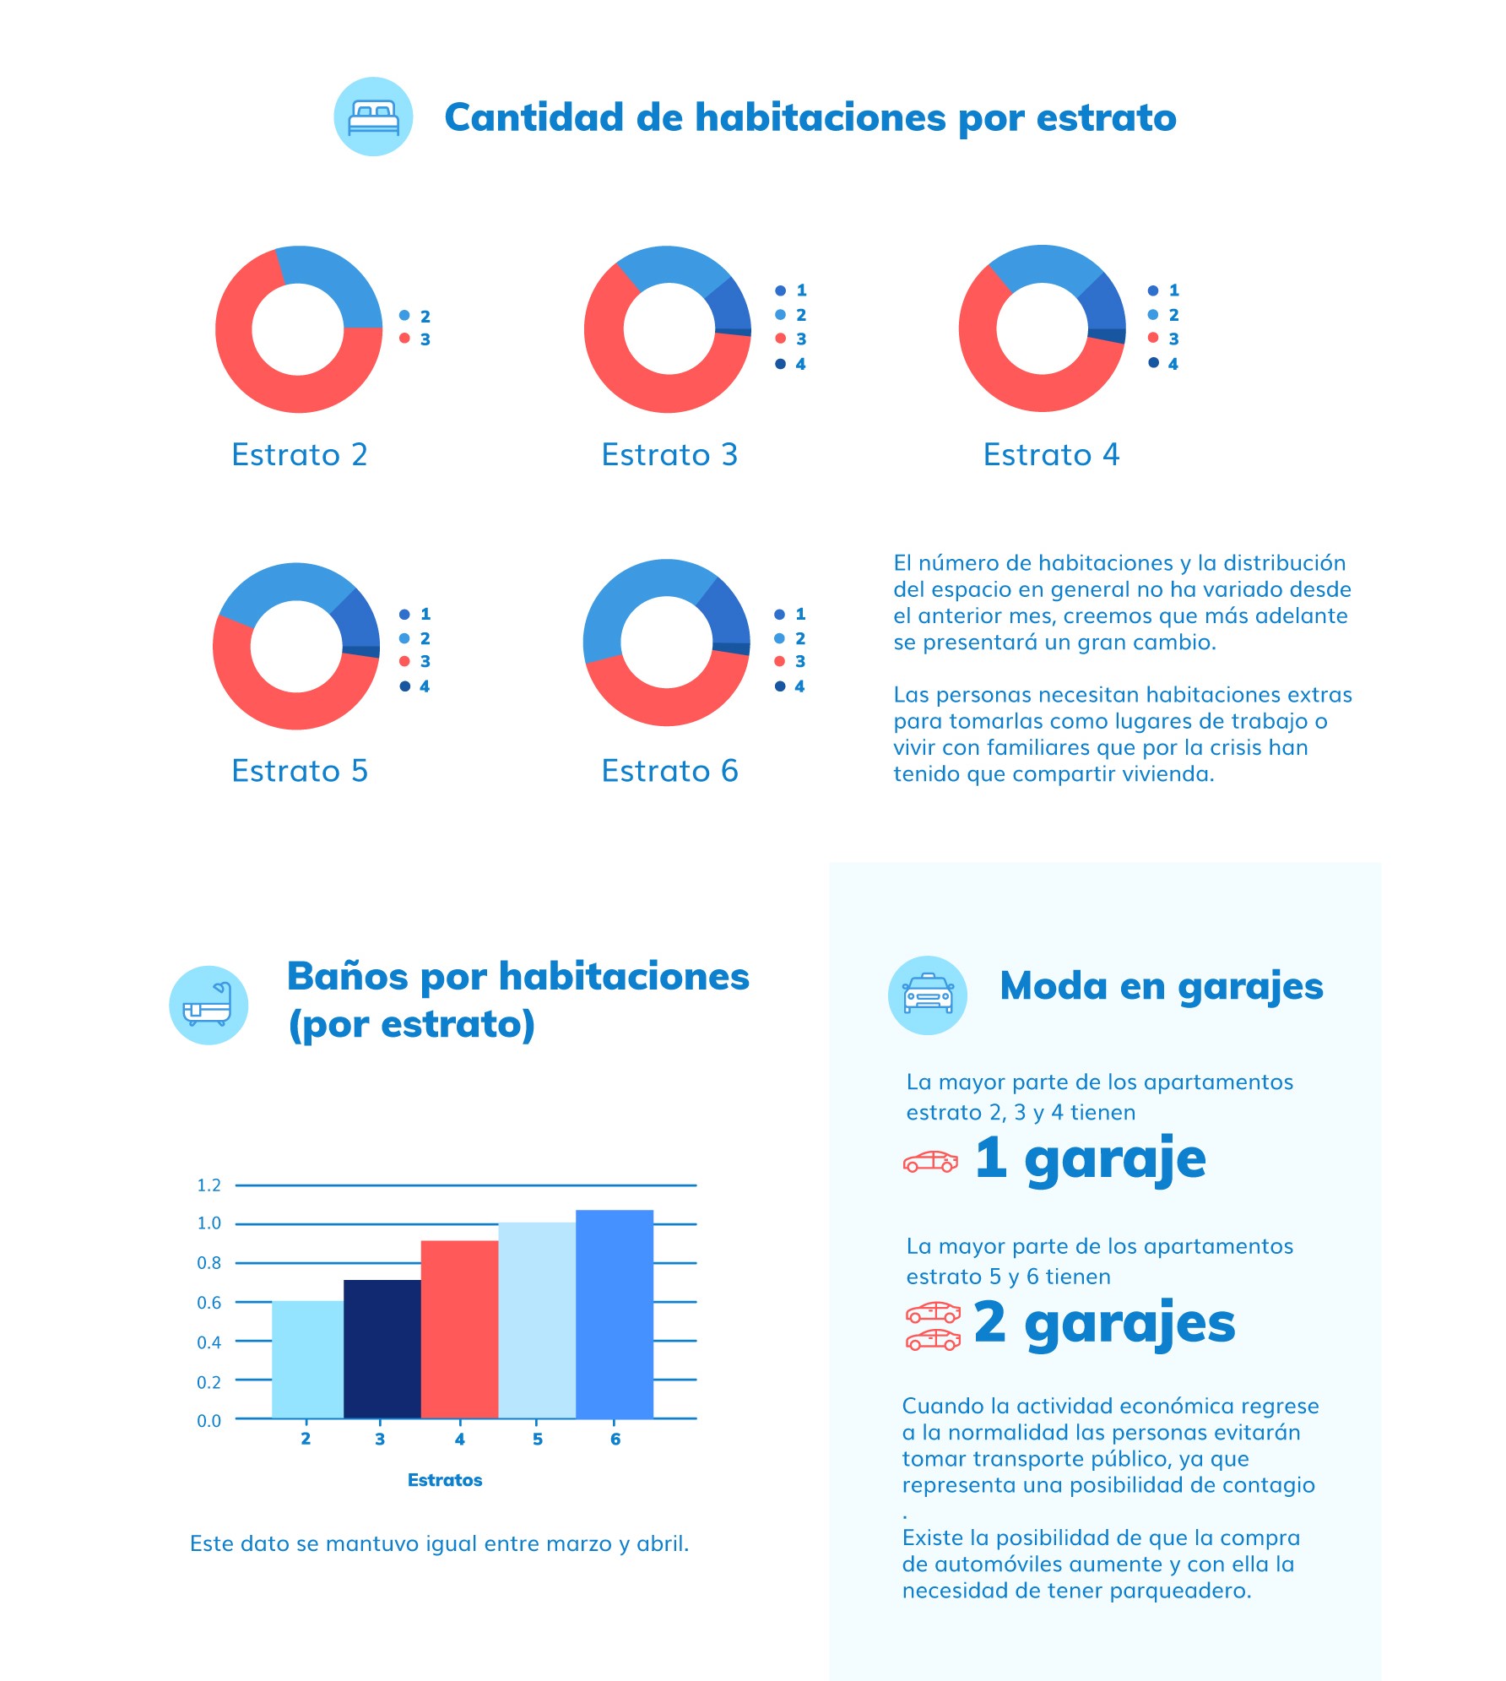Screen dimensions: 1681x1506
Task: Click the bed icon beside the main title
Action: pos(373,117)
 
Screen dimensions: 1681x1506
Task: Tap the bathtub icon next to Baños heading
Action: pos(208,1004)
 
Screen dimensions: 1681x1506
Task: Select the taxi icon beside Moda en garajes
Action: pos(927,995)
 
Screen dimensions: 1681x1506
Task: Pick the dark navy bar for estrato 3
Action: pos(382,1348)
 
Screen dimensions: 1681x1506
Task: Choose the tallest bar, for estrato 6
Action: pos(615,1313)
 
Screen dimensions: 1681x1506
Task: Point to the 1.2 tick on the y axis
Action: pos(209,1185)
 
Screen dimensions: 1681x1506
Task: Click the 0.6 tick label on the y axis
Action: pos(209,1302)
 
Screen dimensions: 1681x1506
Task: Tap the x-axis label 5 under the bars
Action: pos(538,1439)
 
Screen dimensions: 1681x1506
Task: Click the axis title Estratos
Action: pos(445,1479)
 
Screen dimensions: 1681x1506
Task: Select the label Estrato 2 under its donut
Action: pos(300,454)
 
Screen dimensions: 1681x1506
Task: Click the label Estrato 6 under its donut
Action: pos(669,770)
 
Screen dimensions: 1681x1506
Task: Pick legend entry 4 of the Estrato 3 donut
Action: pos(791,364)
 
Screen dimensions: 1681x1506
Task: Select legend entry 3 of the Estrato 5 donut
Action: pos(415,661)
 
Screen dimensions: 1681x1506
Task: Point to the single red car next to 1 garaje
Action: pos(930,1162)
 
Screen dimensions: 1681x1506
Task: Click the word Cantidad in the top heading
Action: pos(534,117)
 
